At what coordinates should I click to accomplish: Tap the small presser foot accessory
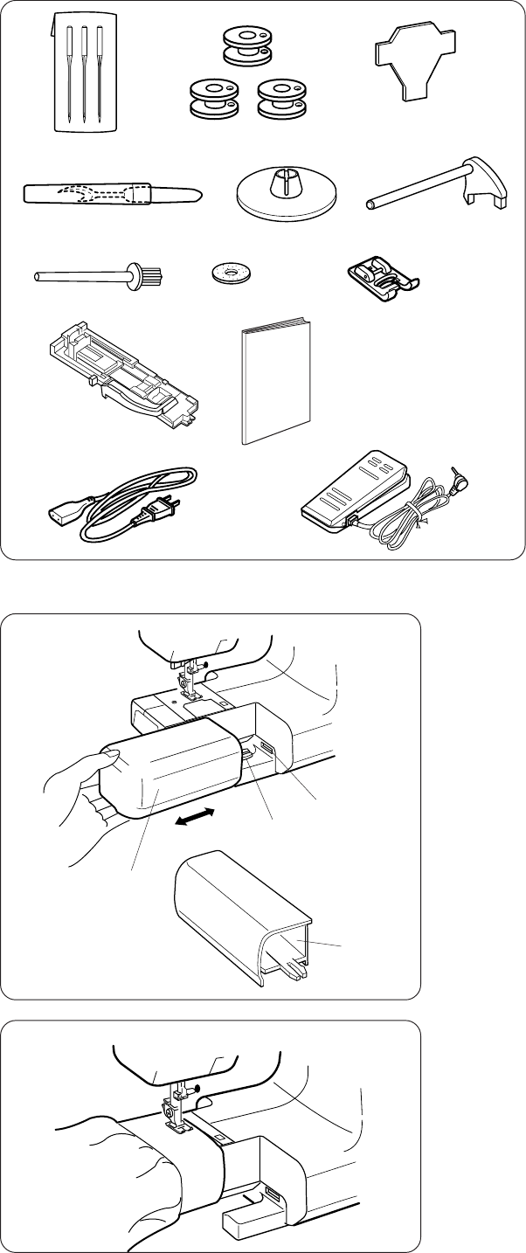pyautogui.click(x=382, y=274)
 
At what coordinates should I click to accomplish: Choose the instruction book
pyautogui.click(x=275, y=384)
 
